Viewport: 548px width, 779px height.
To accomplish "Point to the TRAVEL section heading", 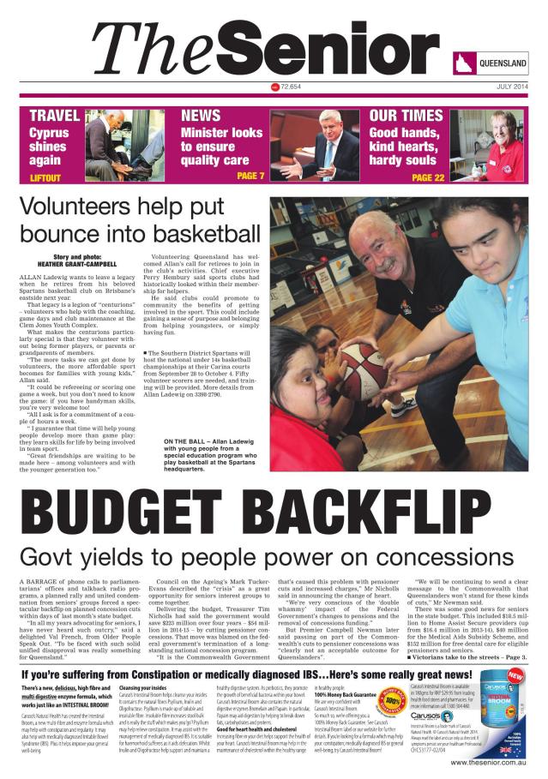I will tap(54, 116).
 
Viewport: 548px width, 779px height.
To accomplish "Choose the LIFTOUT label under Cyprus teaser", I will tap(45, 177).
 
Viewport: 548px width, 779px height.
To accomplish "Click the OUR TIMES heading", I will tap(406, 116).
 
